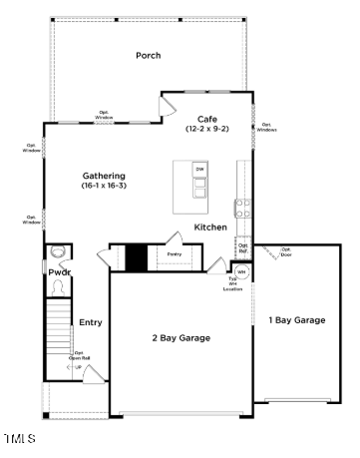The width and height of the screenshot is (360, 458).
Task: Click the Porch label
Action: click(x=149, y=56)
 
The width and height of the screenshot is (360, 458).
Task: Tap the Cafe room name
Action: click(x=207, y=119)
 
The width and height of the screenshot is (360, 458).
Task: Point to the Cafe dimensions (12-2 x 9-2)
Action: click(x=207, y=129)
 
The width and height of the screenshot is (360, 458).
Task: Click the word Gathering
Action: click(x=104, y=176)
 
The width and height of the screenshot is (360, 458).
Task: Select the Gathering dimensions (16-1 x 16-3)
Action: click(x=104, y=186)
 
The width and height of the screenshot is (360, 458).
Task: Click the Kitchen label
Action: click(x=210, y=229)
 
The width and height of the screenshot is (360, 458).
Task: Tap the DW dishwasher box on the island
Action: click(x=199, y=171)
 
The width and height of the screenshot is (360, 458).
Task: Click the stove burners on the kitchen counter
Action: click(x=241, y=209)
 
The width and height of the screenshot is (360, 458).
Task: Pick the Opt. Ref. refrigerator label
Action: click(x=242, y=248)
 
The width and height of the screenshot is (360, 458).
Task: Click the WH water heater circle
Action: click(x=241, y=272)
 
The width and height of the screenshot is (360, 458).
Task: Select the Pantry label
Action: click(x=175, y=254)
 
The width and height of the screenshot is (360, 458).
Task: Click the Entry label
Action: click(x=91, y=322)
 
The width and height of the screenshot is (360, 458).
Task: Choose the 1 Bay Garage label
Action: click(x=296, y=319)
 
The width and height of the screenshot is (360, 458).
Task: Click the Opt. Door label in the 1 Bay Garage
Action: click(x=286, y=251)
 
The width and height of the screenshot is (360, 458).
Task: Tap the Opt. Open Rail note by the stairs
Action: click(x=77, y=356)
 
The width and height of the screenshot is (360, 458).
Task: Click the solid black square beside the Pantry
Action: click(x=136, y=256)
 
